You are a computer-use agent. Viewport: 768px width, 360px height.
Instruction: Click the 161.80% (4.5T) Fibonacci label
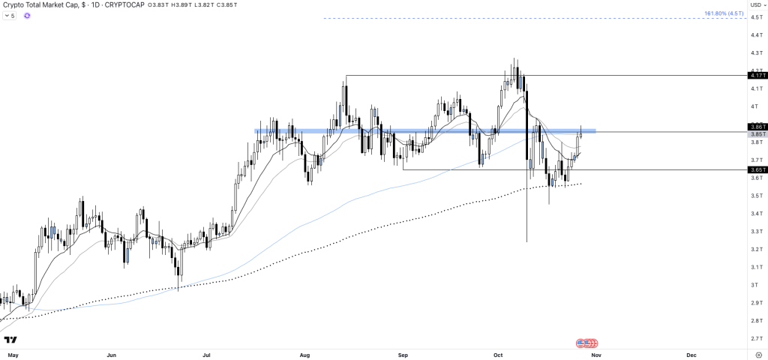(723, 13)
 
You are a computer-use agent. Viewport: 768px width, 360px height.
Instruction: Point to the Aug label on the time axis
(304, 352)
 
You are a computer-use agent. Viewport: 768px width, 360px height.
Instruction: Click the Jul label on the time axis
(206, 352)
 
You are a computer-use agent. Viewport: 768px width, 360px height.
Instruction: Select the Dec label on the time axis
(691, 352)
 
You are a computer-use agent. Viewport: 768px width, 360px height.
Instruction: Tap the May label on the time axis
(11, 352)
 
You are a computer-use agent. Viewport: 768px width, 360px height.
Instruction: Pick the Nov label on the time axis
(595, 352)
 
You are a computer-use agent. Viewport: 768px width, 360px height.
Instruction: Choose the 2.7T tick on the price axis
(754, 338)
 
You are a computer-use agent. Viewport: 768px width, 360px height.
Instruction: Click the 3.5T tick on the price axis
(754, 196)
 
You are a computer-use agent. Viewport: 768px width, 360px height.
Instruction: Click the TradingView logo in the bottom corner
(11, 340)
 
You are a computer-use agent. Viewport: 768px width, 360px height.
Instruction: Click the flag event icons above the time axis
(587, 343)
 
